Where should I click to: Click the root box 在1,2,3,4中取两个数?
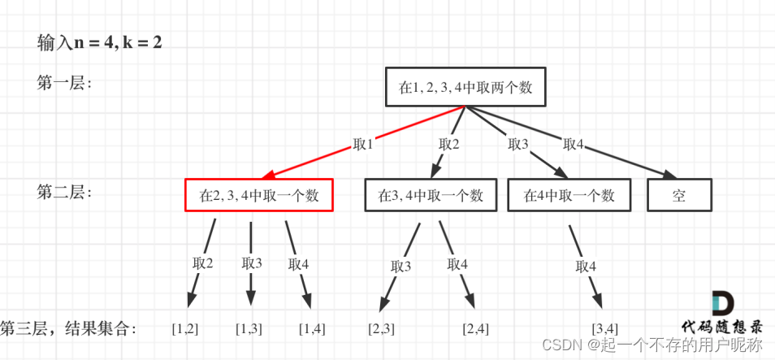[465, 87]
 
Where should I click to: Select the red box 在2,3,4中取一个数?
[258, 195]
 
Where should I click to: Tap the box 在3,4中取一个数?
[430, 195]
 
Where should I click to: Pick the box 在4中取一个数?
[569, 195]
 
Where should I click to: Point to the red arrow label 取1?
[363, 144]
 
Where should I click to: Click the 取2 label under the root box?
[449, 144]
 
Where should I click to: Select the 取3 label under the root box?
[518, 144]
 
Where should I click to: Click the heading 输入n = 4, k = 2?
[99, 42]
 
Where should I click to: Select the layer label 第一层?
[64, 83]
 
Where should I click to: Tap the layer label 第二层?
[64, 193]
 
